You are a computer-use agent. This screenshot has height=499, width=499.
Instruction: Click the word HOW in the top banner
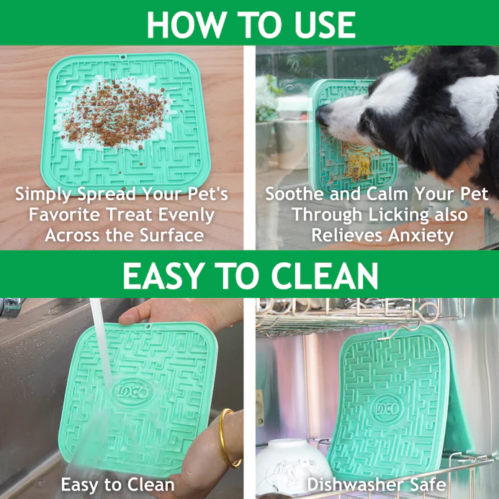pyautogui.click(x=186, y=24)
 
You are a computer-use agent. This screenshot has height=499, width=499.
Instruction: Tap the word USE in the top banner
pyautogui.click(x=325, y=24)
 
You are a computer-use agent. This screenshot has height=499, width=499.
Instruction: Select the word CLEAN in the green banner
pyautogui.click(x=324, y=276)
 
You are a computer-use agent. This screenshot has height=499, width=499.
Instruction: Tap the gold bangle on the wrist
pyautogui.click(x=228, y=439)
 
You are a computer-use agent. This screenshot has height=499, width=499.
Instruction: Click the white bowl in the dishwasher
pyautogui.click(x=293, y=466)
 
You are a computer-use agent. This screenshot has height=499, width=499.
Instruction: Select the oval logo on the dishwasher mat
pyautogui.click(x=387, y=409)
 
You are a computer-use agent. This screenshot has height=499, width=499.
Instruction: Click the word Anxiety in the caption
pyautogui.click(x=421, y=235)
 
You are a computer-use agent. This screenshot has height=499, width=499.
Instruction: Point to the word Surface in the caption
pyautogui.click(x=171, y=235)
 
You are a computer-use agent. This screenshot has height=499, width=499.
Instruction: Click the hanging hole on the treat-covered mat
pyautogui.click(x=123, y=58)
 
